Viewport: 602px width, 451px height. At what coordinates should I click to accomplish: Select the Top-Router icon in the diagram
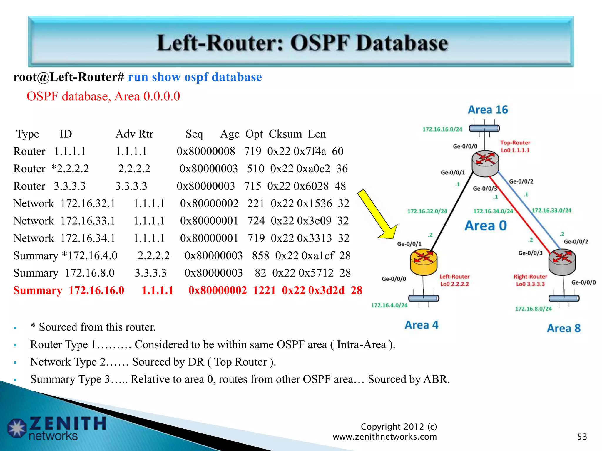[485, 163]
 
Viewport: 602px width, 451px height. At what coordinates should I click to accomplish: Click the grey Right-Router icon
[562, 262]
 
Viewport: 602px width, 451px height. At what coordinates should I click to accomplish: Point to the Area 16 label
[488, 110]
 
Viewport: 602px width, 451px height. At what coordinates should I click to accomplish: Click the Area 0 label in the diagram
[486, 226]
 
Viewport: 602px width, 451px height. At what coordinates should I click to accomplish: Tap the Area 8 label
[563, 328]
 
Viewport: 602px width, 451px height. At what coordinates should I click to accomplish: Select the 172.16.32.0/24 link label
[427, 211]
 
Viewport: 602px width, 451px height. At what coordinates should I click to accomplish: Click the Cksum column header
[285, 134]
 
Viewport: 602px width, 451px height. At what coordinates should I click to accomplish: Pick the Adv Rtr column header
[134, 134]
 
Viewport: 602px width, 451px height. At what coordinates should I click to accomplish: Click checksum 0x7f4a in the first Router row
[310, 152]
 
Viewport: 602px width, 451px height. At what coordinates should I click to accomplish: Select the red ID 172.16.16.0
[96, 290]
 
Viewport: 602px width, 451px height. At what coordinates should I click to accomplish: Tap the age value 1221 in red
[264, 290]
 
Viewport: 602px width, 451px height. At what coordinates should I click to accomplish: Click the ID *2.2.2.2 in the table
[70, 169]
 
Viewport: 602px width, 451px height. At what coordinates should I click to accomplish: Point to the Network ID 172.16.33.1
[88, 221]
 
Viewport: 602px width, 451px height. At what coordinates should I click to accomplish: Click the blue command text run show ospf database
[195, 77]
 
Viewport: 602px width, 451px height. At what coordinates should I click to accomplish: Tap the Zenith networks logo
[56, 428]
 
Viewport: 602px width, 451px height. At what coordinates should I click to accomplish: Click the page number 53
[582, 437]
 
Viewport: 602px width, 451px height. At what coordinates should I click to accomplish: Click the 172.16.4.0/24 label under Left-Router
[389, 305]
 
